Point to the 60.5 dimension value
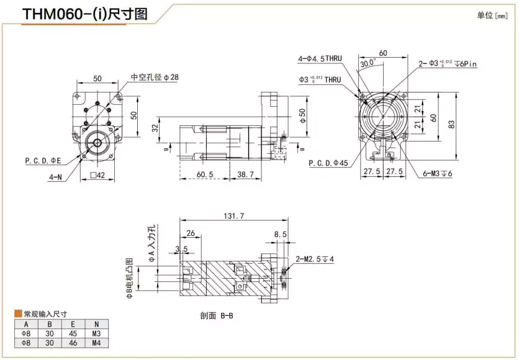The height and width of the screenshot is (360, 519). [x=205, y=176]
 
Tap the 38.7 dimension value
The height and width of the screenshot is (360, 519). [x=247, y=176]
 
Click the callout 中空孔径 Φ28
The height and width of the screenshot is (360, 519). [x=155, y=78]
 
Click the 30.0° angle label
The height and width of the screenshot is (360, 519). [x=367, y=63]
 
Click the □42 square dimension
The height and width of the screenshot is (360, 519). [x=97, y=176]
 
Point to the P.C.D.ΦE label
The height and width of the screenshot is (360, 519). [x=44, y=161]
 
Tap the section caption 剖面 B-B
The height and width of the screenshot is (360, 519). [x=217, y=315]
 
